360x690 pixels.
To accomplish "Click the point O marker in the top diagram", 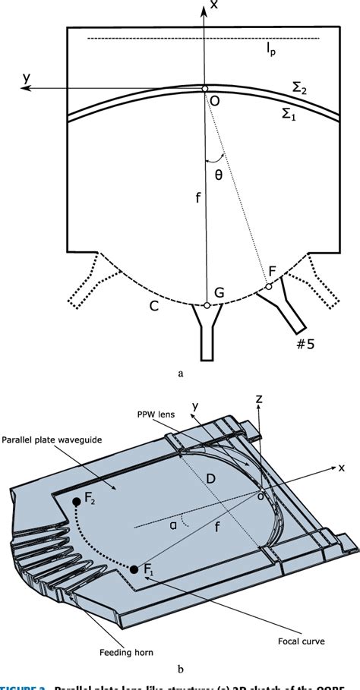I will (x=204, y=89).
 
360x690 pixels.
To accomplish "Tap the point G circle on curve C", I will (x=207, y=306).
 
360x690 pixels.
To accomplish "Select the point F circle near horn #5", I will (x=268, y=286).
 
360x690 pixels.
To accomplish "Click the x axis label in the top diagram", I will (x=215, y=6).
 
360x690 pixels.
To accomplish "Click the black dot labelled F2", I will (x=76, y=502).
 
